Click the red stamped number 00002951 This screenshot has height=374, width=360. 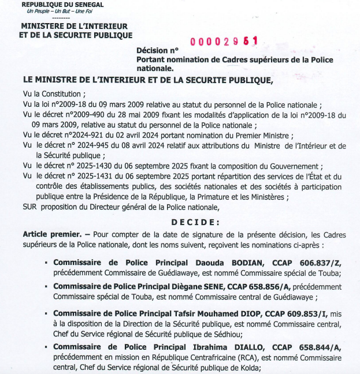click(224, 42)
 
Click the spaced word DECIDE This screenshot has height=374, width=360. click(195, 222)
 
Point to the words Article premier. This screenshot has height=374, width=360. click(51, 234)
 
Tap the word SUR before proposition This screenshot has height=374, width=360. click(31, 207)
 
